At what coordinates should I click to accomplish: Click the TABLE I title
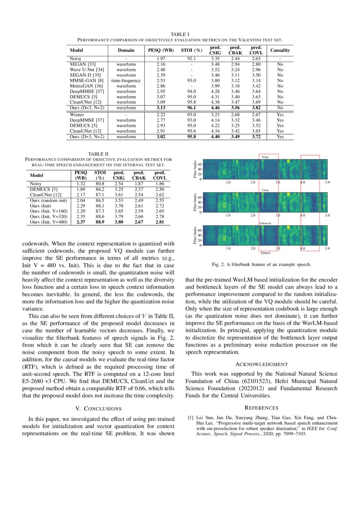tap(180, 34)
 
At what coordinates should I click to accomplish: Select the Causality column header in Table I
tap(280, 51)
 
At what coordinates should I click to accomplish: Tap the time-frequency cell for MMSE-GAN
tap(126, 81)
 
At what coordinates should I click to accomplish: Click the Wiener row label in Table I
tap(77, 114)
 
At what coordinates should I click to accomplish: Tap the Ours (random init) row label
tap(48, 200)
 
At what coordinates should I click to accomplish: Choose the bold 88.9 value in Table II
tap(101, 222)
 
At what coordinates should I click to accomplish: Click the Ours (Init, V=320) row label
tap(48, 216)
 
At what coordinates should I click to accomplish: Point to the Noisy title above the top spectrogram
tap(265, 157)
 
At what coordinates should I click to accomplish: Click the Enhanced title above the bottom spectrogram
tap(265, 223)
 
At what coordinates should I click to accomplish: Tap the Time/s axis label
tap(265, 253)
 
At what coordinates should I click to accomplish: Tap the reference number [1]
tap(191, 418)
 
